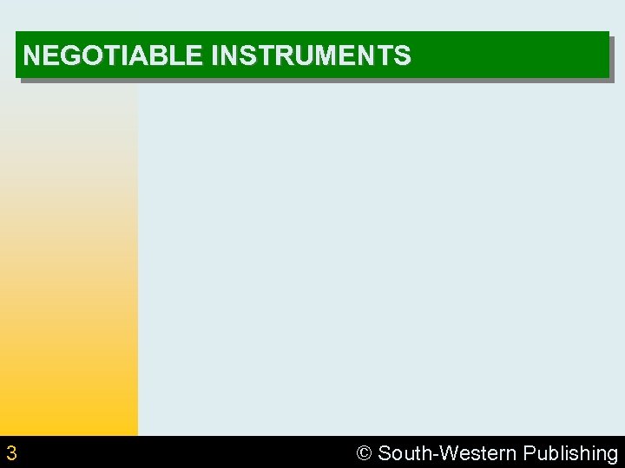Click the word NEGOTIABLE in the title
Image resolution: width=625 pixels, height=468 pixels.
pyautogui.click(x=113, y=56)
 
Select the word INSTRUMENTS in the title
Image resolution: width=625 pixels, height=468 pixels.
pyautogui.click(x=311, y=56)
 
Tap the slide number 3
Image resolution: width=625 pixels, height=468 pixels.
pyautogui.click(x=11, y=452)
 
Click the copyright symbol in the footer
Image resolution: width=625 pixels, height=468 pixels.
pyautogui.click(x=364, y=453)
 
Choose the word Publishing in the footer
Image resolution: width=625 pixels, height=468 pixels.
pyautogui.click(x=570, y=453)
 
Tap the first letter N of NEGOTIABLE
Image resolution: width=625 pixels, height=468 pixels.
pyautogui.click(x=32, y=56)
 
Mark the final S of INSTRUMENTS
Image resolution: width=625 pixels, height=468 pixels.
pyautogui.click(x=402, y=56)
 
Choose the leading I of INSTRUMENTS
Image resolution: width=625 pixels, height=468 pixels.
pyautogui.click(x=214, y=56)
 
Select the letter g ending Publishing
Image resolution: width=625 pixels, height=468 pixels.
pyautogui.click(x=611, y=455)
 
